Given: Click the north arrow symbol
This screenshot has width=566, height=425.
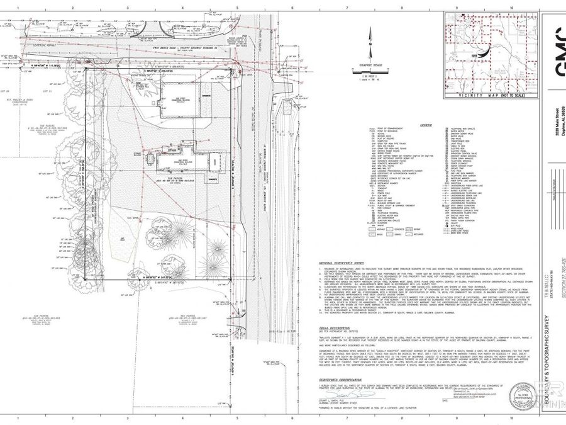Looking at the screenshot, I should (x=371, y=45).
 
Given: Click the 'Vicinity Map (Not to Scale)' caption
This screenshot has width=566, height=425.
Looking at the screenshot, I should (x=476, y=95).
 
